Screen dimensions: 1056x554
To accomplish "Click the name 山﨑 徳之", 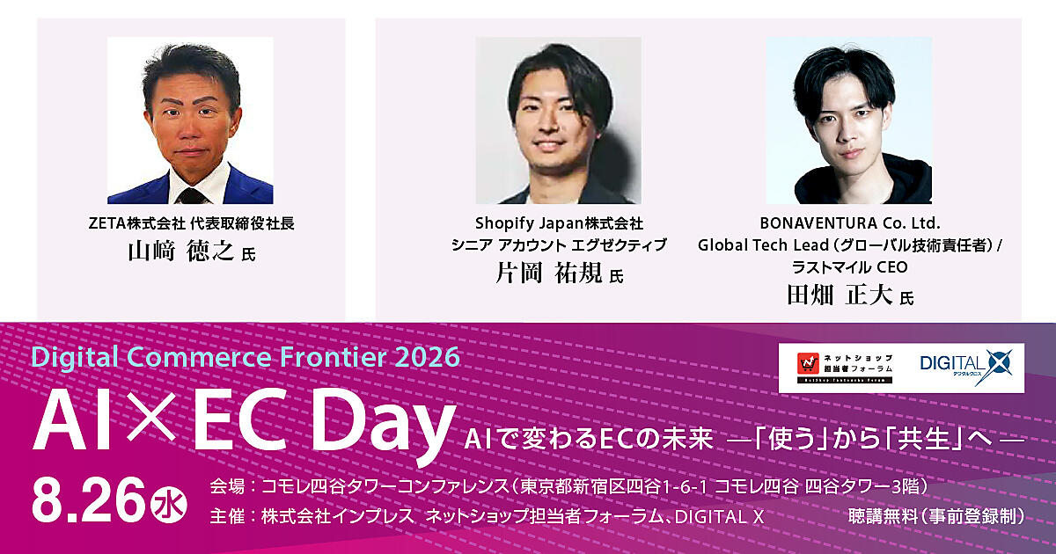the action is [x=181, y=251].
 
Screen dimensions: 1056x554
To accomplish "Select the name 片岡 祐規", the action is [x=549, y=273].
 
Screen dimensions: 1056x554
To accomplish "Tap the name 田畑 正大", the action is [x=840, y=295].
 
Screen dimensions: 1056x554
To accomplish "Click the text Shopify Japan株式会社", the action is [x=559, y=222].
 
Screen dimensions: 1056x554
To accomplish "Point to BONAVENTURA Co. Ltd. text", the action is [x=850, y=222].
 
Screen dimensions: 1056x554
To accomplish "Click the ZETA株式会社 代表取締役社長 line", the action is [x=192, y=222].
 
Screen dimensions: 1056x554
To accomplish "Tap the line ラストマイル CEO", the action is [x=850, y=267].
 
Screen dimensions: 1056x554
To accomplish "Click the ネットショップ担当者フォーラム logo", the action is [x=845, y=368].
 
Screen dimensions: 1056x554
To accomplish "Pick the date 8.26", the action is [x=88, y=500].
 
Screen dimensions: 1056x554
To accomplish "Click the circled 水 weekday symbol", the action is [x=168, y=505].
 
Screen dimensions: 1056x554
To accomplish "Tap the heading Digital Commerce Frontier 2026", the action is [x=246, y=357].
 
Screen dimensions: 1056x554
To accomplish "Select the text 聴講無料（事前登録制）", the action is [x=937, y=517].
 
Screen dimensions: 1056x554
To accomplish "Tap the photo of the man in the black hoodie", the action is [x=849, y=120].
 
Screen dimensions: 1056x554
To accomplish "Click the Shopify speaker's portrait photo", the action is [x=558, y=120].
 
